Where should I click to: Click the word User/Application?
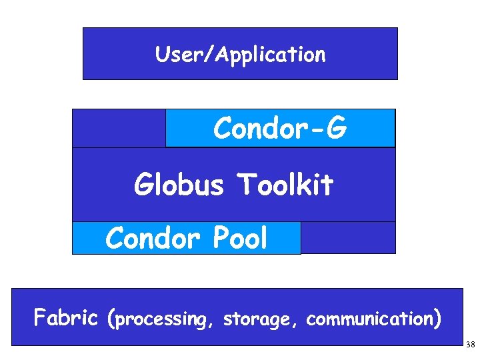[240, 54]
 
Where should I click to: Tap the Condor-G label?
[280, 129]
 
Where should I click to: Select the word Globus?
[179, 185]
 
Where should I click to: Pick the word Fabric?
[66, 318]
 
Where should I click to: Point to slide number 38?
[470, 345]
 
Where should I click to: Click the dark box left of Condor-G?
[119, 128]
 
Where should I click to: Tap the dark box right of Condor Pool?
[348, 238]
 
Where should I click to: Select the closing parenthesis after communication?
[436, 319]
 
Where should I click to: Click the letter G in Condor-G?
[335, 129]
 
